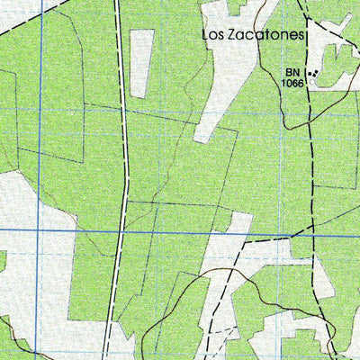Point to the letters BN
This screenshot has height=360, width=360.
(292, 72)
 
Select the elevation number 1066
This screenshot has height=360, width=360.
(292, 83)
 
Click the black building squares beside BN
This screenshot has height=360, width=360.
(311, 71)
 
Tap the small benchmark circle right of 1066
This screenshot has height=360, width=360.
(312, 82)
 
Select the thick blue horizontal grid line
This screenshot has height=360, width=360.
(225, 233)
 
